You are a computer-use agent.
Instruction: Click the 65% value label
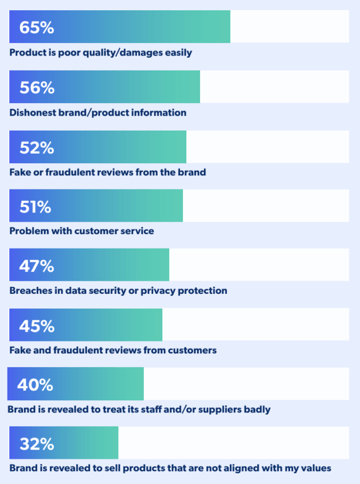[x=37, y=27]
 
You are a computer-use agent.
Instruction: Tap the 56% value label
[x=37, y=88]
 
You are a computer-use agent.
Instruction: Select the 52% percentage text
[x=37, y=147]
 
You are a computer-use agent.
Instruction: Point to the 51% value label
[x=36, y=207]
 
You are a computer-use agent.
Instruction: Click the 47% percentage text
[x=37, y=266]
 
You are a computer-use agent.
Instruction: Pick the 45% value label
[x=37, y=326]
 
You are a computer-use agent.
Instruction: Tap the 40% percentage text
[x=35, y=385]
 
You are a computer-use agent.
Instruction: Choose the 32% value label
[x=37, y=444]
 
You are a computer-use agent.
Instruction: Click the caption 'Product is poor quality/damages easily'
[x=100, y=53]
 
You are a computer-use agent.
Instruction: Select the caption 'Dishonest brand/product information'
[x=97, y=113]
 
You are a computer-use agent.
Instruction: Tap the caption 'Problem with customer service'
[x=81, y=231]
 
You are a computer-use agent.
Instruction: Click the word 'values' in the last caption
[x=316, y=469]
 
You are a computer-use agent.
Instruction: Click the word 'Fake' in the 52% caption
[x=19, y=172]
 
